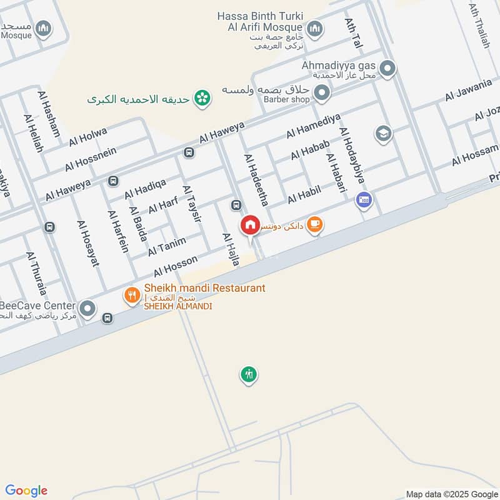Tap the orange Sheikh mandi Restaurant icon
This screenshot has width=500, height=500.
pos(131,294)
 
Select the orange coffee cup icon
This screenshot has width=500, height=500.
pos(315,224)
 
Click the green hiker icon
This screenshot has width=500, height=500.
pos(249,374)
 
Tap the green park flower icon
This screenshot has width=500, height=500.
pos(201,98)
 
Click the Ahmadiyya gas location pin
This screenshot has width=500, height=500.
pos(388,68)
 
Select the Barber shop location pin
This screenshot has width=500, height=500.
pos(322,94)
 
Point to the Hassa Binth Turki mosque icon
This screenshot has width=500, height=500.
pos(314,28)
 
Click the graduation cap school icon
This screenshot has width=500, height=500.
pos(382,133)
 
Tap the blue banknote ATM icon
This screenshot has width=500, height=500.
pos(364,201)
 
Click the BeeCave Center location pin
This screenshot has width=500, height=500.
pos(87,308)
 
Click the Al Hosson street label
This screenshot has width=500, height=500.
pos(176,266)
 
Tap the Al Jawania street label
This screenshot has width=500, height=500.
pos(468,91)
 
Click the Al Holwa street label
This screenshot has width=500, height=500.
pos(88,137)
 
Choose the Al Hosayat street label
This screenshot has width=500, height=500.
pos(88,243)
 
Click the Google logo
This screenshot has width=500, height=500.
pos(26,491)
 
